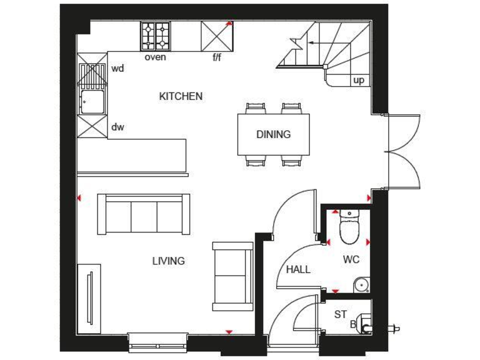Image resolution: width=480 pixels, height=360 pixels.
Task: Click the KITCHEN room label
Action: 181,96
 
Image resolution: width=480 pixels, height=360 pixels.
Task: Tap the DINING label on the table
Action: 273,134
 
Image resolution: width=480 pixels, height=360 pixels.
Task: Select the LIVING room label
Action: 168,261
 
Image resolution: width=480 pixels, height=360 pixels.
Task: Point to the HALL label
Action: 298,269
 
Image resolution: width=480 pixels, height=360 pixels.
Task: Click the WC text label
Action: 351,259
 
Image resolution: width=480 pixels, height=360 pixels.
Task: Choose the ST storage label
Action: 340,314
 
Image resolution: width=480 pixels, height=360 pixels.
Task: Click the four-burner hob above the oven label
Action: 155,36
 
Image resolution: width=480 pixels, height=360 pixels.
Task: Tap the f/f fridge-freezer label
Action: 217,57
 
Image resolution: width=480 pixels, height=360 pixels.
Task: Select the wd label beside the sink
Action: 117,69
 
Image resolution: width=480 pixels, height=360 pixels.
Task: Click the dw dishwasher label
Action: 117,127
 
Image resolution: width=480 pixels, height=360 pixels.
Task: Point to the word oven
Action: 155,57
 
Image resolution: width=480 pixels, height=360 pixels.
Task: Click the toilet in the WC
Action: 349,227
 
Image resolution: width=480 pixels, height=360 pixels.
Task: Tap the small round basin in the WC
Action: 360,286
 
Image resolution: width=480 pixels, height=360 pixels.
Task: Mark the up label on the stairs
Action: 359,80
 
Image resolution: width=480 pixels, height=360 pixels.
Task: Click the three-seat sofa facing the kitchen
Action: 144,214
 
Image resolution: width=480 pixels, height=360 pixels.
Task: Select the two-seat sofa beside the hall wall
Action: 232,275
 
